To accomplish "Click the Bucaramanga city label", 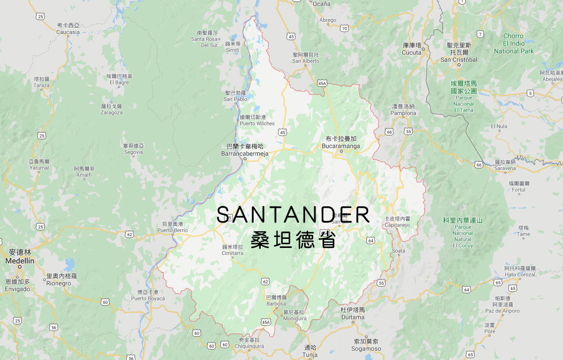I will click(341, 145).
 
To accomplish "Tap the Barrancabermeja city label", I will click(245, 154).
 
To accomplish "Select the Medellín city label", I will click(20, 261).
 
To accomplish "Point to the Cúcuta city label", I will click(412, 52).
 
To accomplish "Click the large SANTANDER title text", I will click(293, 215).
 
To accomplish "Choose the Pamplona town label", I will click(403, 113).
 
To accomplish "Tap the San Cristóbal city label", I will click(459, 60).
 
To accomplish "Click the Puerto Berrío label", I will click(173, 230).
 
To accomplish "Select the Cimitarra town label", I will click(233, 253).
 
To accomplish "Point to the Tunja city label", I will click(310, 355).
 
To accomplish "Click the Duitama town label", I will click(353, 317).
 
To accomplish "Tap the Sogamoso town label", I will click(366, 349).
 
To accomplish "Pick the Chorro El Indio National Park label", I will click(513, 43).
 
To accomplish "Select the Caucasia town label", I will click(68, 32).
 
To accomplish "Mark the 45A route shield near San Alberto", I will click(322, 83).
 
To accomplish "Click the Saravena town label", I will click(505, 168).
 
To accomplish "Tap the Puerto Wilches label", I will click(257, 123).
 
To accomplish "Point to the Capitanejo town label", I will click(397, 225).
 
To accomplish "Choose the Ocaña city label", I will click(321, 4).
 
